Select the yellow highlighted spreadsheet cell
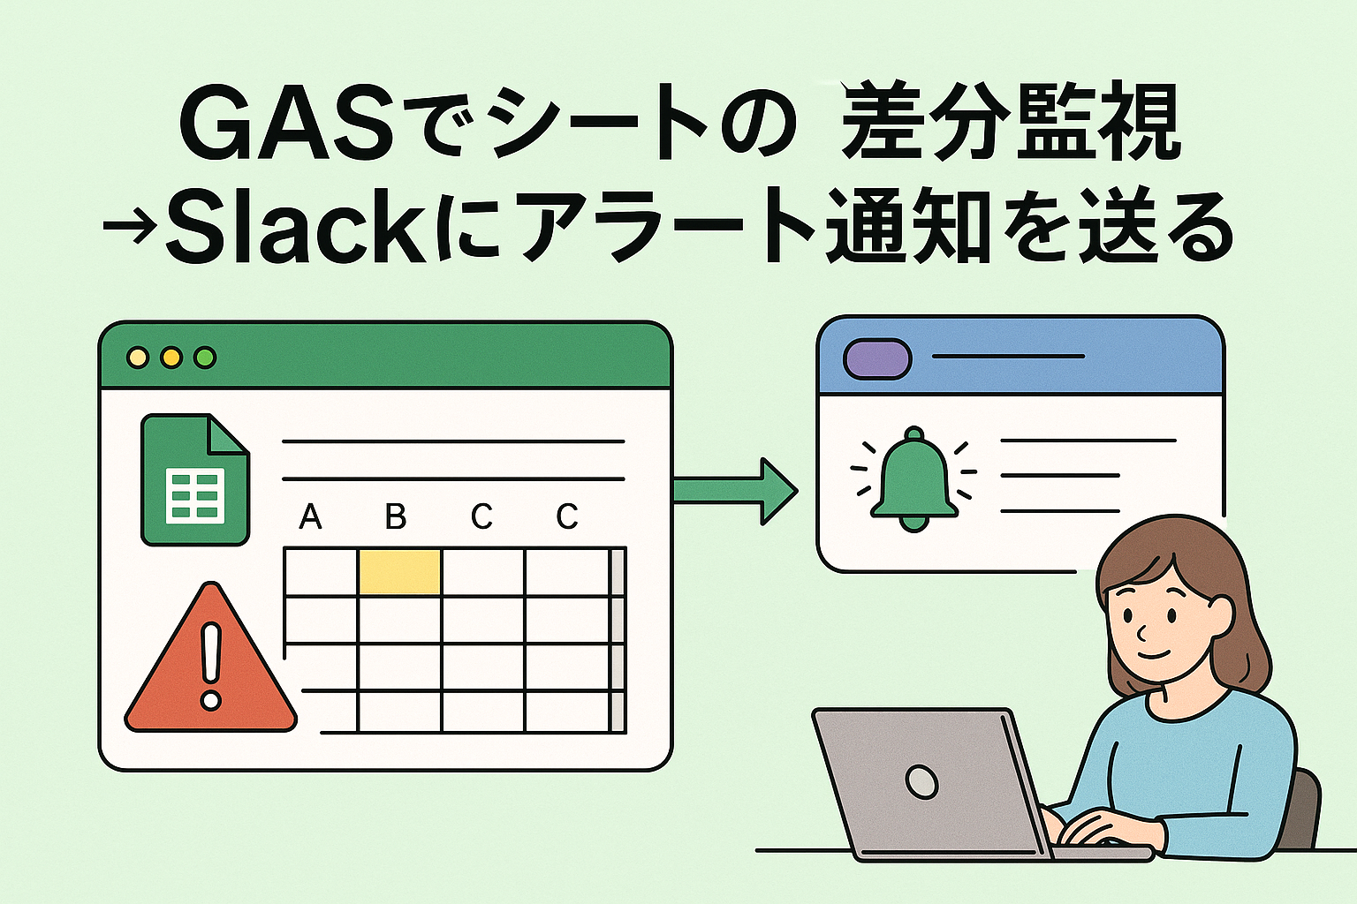399,571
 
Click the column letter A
310,516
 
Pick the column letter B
396,516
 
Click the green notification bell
914,481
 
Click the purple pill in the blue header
877,358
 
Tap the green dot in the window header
205,358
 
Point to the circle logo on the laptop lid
921,781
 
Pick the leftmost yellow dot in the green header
138,358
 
